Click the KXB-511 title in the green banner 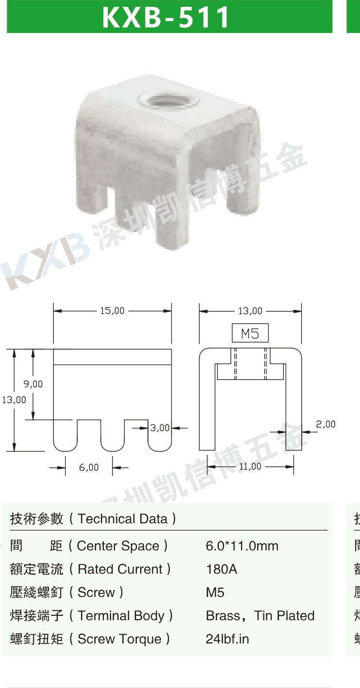[166, 17]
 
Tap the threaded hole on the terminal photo [168, 100]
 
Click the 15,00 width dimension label [112, 311]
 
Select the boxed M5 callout [250, 333]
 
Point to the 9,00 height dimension [33, 384]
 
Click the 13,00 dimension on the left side [14, 400]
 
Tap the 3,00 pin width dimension [160, 428]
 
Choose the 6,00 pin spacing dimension [89, 467]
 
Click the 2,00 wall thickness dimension [326, 424]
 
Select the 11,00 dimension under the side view [250, 466]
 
